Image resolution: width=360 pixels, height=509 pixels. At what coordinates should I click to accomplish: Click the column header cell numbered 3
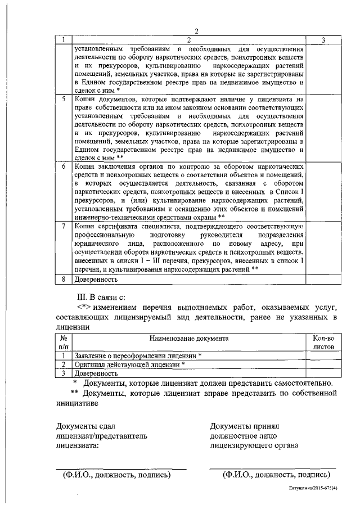(324, 39)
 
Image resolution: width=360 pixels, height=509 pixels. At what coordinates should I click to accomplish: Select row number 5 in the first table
(65, 98)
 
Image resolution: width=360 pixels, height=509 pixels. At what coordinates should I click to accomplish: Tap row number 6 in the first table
(65, 167)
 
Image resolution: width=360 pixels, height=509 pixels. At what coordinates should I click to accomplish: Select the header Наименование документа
(188, 339)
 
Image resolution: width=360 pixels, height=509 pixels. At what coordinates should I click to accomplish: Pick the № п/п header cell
(64, 343)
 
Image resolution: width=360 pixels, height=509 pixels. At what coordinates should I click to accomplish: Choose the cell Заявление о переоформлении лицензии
(138, 356)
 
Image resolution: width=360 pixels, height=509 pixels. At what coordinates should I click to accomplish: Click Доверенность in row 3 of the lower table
(96, 373)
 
